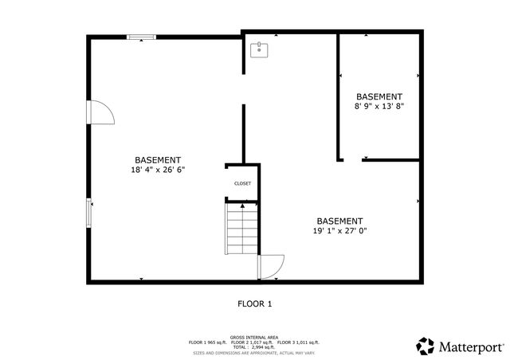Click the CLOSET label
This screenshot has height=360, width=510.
242,184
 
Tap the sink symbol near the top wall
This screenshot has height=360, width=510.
258,50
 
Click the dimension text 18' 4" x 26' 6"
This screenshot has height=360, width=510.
158,170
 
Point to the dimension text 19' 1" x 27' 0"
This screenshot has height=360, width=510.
339,231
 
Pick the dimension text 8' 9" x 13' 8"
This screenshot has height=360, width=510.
379,106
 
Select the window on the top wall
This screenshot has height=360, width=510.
142,36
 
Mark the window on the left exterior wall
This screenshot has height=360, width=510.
89,213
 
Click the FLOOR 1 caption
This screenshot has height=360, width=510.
255,303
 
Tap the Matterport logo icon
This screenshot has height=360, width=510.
425,346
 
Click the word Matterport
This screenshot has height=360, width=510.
470,346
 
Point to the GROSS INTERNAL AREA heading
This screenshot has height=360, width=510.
254,338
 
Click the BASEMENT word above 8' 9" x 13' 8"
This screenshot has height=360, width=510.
379,96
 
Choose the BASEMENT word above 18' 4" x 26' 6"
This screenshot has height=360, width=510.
158,159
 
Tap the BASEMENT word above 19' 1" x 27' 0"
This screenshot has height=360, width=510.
339,221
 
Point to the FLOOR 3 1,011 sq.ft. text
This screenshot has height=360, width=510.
298,342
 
